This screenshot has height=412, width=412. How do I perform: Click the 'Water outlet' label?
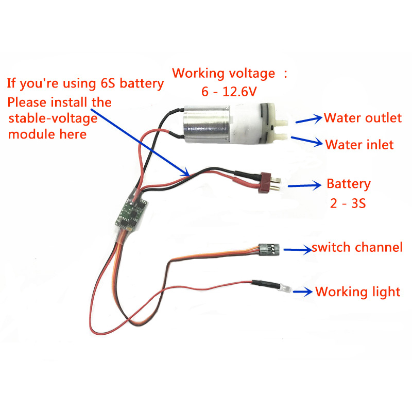pos(363,118)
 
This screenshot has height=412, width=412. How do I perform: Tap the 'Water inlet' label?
pos(359,145)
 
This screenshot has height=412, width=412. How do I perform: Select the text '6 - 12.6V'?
pos(229,92)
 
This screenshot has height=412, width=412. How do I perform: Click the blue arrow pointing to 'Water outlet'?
pos(309,119)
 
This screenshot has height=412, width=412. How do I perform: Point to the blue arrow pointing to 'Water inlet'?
pos(307,141)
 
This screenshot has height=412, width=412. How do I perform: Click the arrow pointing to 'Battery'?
pos(304,185)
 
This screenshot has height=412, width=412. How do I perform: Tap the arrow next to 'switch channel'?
pos(298,249)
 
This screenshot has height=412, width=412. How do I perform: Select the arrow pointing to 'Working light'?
pos(303,291)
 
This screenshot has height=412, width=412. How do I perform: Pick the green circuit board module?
pos(131,212)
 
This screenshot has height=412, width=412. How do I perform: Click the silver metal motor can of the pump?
pos(207,124)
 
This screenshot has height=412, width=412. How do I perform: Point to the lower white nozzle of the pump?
pos(282,136)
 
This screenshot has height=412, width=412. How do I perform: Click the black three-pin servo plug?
pos(268,249)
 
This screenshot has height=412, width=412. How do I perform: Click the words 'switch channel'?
pos(357,248)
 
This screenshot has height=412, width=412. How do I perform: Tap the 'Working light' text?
pos(357,292)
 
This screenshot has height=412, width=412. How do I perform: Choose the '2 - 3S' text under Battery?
pos(348,203)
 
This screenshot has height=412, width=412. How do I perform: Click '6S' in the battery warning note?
pos(108,83)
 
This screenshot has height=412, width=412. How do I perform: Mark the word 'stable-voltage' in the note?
pos(53,118)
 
